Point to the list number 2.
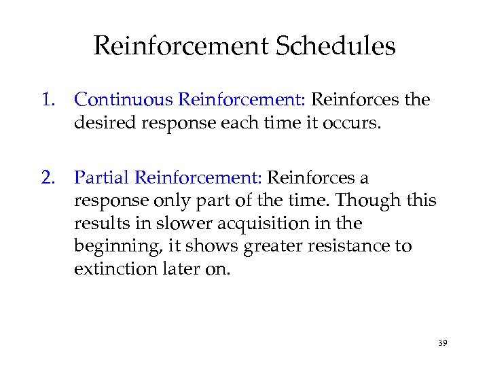pyautogui.click(x=48, y=178)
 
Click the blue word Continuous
pyautogui.click(x=124, y=100)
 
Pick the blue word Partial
pyautogui.click(x=102, y=178)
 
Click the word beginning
pyautogui.click(x=111, y=247)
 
